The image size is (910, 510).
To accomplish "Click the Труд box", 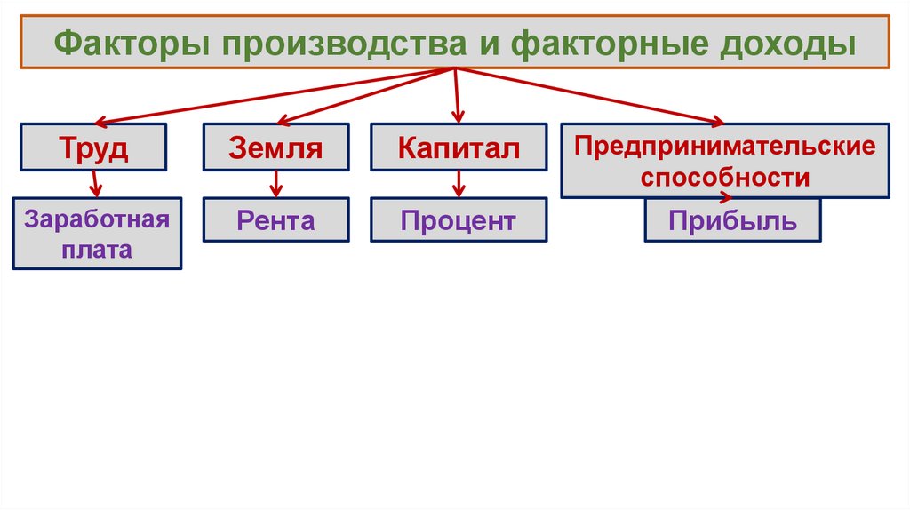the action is point(94,147).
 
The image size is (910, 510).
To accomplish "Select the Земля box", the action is point(275,147).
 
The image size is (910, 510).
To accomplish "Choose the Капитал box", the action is point(458,147).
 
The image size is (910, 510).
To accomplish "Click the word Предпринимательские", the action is point(724,145).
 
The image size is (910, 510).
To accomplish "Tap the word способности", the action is point(725,177).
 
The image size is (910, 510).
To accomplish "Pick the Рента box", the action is point(275,220).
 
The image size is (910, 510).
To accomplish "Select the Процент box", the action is point(458,220).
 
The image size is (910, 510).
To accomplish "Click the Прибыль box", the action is point(732,220).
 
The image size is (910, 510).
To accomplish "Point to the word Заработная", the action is point(97,219).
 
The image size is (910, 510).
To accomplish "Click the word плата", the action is point(97,250).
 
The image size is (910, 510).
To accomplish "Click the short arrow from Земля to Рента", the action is point(276,184).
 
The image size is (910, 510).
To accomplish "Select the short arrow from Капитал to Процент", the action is point(459,184).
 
